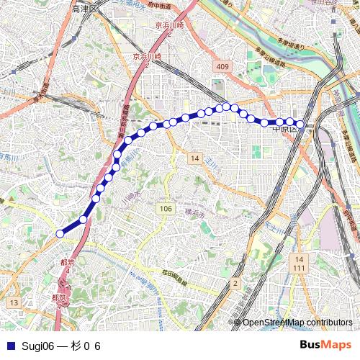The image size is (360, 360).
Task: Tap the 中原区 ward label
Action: (x=286, y=130)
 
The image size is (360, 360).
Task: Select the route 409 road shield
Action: (x=221, y=67)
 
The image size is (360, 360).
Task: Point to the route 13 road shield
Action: (x=14, y=303)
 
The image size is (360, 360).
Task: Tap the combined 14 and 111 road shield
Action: (x=300, y=263)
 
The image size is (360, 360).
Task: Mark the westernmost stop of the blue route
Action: (x=60, y=233)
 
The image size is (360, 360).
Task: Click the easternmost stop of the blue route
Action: (x=300, y=124)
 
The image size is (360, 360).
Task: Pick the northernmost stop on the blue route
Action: (x=226, y=107)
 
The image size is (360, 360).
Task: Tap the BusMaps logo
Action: (x=324, y=346)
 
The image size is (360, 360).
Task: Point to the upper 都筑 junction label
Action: (x=67, y=263)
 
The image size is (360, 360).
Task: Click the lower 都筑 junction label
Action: (x=60, y=297)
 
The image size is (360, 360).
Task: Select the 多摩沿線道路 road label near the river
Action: (x=261, y=60)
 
